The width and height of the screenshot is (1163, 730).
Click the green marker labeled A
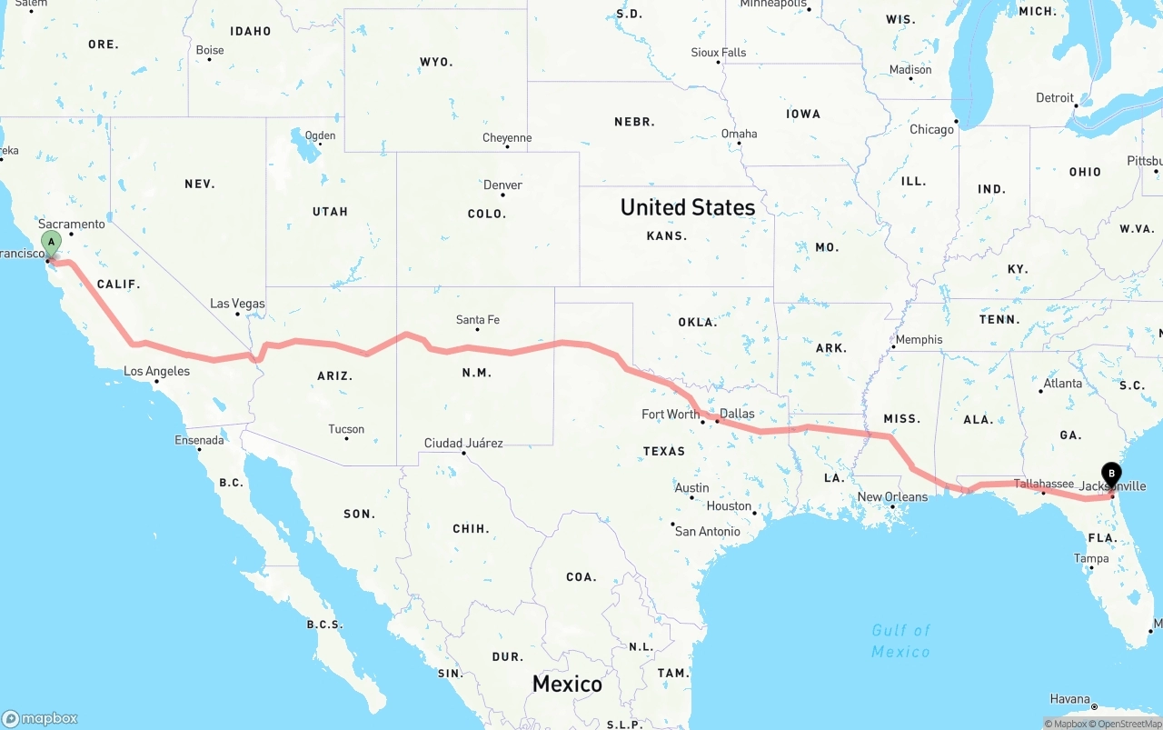[x=52, y=243]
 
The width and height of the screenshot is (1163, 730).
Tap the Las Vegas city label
[x=237, y=304]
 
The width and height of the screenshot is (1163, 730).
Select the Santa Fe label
[x=477, y=320]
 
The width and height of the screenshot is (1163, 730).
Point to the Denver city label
[x=502, y=185]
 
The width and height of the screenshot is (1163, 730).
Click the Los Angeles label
[x=156, y=371]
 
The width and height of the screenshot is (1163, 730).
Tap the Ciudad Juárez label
[x=463, y=444]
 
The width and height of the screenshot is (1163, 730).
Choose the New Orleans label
[x=892, y=497]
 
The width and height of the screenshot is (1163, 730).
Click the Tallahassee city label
[x=1043, y=485]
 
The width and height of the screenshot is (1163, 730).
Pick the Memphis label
[x=919, y=340]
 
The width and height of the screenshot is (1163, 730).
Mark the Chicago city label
[x=931, y=130]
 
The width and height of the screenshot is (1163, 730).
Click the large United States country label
[x=687, y=207]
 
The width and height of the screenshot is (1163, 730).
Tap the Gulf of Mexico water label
[x=900, y=641]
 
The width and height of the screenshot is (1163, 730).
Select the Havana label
[x=1069, y=699]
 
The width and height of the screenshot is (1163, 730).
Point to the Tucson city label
[x=346, y=429]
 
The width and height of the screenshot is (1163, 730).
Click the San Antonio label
[x=707, y=532]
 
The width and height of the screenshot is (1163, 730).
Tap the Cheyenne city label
[x=507, y=138]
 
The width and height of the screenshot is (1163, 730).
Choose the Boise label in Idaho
[x=210, y=50]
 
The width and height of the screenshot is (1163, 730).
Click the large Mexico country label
[x=567, y=685]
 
